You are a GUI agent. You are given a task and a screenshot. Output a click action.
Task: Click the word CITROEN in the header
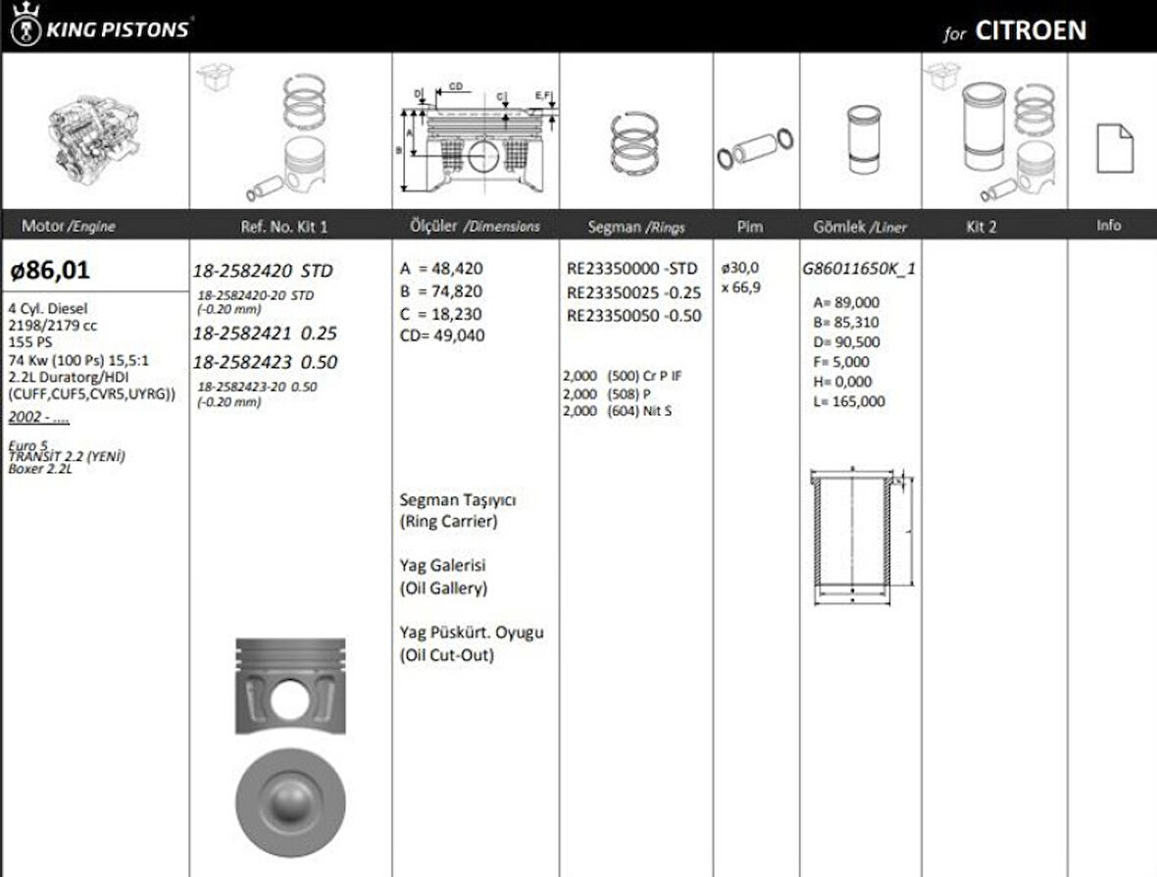coord(1031,30)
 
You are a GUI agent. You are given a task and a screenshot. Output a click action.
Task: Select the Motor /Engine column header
coord(69,227)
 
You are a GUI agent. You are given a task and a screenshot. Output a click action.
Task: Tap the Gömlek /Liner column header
coord(860,227)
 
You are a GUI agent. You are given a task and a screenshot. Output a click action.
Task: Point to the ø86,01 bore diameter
coord(50,268)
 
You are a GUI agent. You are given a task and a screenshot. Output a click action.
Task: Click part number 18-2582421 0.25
coord(265,335)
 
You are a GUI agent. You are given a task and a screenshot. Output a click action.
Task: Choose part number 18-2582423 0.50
coord(265,362)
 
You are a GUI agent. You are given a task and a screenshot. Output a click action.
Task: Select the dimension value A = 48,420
coord(441,269)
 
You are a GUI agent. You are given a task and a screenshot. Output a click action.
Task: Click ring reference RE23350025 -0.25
coord(633,292)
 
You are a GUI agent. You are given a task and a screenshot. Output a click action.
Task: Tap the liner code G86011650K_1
coord(859,268)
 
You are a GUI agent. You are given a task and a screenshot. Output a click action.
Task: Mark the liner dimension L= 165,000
coord(849,401)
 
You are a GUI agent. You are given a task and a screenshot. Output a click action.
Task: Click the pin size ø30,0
coord(740,267)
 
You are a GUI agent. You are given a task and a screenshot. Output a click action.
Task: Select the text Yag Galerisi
coord(443,566)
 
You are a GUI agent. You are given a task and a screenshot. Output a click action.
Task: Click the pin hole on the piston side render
coord(289,698)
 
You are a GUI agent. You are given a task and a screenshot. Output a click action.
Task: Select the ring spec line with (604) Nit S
coord(618,411)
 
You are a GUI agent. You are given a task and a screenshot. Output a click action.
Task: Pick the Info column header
coord(1109,226)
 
